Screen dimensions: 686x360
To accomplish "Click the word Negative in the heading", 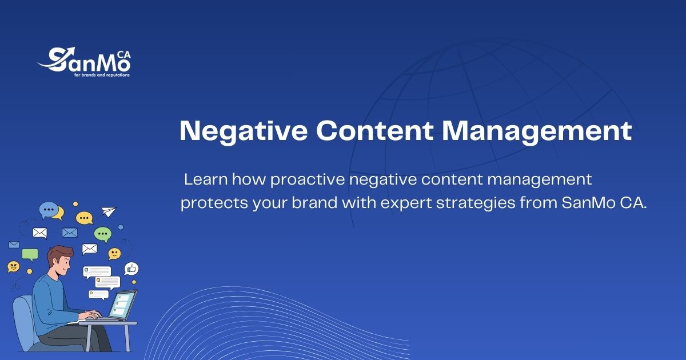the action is (x=244, y=131).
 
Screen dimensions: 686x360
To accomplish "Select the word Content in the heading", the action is (x=374, y=131).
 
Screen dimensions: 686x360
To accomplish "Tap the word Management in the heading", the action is (x=537, y=132).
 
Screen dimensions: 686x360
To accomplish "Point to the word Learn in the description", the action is (x=206, y=179).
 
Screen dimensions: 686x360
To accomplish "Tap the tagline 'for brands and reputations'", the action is (x=102, y=75).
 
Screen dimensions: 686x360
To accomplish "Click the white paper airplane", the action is (x=109, y=211).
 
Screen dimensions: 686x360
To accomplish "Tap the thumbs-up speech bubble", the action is (x=131, y=269).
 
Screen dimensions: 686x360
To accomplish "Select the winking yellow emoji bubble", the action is (x=114, y=254).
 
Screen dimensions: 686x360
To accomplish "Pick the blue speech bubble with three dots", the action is (x=49, y=210).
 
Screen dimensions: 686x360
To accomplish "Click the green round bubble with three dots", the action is (x=102, y=234).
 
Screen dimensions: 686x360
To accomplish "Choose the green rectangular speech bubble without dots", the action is (x=30, y=255).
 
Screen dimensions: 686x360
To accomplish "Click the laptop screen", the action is (x=122, y=305).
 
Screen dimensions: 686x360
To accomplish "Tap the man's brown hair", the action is (x=59, y=255).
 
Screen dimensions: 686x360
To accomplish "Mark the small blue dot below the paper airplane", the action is (x=121, y=227).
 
